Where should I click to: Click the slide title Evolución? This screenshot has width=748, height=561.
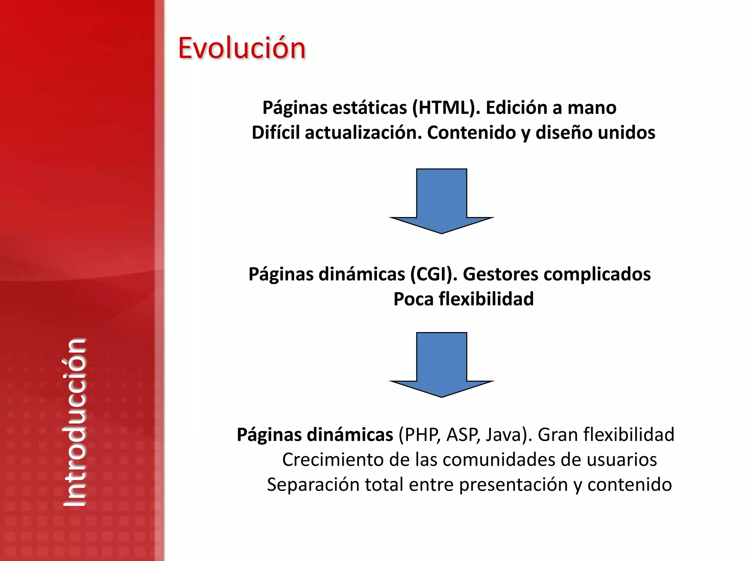(241, 48)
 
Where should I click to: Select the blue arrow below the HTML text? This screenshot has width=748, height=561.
(442, 201)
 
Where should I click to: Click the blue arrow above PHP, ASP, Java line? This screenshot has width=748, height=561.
(442, 365)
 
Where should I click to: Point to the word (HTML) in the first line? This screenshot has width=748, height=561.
(446, 108)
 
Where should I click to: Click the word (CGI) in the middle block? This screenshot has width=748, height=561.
(434, 274)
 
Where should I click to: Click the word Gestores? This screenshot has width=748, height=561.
(500, 274)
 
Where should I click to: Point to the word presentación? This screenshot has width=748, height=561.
(513, 485)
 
